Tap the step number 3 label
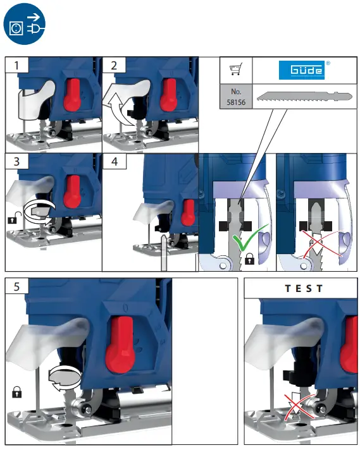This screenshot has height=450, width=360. click(17, 162)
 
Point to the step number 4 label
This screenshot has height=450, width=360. click(113, 162)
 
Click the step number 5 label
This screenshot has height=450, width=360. click(17, 286)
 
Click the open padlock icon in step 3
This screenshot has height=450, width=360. click(11, 219)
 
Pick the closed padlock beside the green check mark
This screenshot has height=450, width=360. click(249, 258)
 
